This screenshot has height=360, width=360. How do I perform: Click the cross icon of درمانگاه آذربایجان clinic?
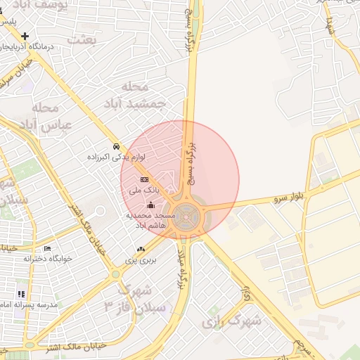pyautogui.click(x=25, y=36)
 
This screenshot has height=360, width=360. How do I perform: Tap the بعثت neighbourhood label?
pyautogui.click(x=82, y=39)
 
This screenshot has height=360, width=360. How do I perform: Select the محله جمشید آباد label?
pyautogui.click(x=141, y=95)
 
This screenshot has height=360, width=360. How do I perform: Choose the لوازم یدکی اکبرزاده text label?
pyautogui.click(x=115, y=157)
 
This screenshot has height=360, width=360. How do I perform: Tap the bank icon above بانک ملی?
pyautogui.click(x=144, y=180)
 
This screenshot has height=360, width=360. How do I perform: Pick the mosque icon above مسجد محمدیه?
pyautogui.click(x=149, y=205)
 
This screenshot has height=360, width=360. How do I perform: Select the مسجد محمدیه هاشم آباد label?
pyautogui.click(x=149, y=219)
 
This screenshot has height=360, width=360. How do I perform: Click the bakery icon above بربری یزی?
pyautogui.click(x=141, y=248)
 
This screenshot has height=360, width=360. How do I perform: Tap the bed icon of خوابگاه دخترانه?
pyautogui.click(x=47, y=248)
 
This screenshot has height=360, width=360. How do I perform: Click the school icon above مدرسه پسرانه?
pyautogui.click(x=21, y=294)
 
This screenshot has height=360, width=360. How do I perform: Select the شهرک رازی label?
pyautogui.click(x=232, y=322)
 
